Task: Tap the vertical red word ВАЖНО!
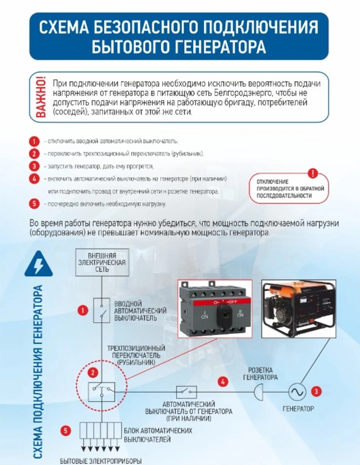40,97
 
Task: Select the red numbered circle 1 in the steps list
34,142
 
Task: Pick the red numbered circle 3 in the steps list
34,166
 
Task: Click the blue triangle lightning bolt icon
38,264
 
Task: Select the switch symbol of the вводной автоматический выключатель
101,310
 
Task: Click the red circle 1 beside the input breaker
82,310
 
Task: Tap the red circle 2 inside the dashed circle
92,373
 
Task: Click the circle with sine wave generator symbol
297,392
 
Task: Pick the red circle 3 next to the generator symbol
317,391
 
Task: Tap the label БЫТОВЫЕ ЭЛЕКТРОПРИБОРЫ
101,461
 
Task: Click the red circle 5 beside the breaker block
66,431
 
